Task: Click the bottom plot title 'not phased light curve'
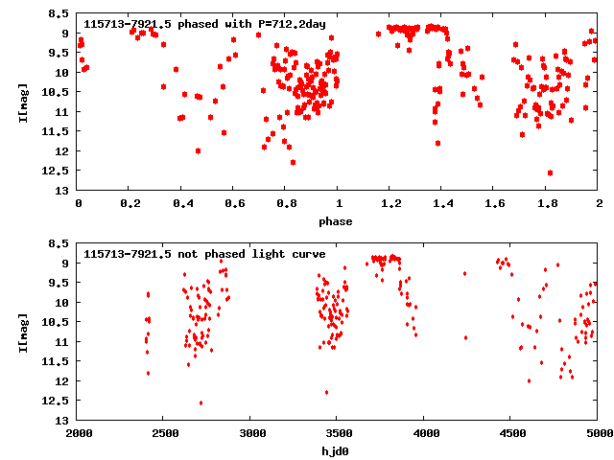pos(204,254)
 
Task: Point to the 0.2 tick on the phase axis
pos(130,203)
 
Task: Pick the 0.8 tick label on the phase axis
pos(286,203)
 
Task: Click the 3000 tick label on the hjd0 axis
pos(251,433)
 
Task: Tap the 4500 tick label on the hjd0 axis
pos(511,433)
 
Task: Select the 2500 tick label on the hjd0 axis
pos(165,433)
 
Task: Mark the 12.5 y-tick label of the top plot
pos(59,172)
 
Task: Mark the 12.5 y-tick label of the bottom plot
pos(59,402)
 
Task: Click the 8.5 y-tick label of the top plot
pos(59,14)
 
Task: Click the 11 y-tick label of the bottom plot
pos(64,342)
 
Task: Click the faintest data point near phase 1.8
pos(550,172)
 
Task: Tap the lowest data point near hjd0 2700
pos(201,402)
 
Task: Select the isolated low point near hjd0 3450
pos(327,392)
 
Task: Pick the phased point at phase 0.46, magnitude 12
pos(198,150)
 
